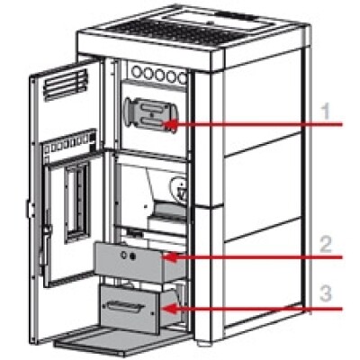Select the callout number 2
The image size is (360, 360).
pyautogui.click(x=325, y=245)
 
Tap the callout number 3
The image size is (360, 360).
pyautogui.click(x=326, y=293)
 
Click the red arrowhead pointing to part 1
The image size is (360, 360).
pyautogui.click(x=169, y=125)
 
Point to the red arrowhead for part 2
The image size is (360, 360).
pyautogui.click(x=169, y=257)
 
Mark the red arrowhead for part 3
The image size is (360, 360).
pyautogui.click(x=169, y=309)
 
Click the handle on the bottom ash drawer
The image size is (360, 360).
pyautogui.click(x=123, y=306)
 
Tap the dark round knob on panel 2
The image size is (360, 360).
pyautogui.click(x=131, y=256)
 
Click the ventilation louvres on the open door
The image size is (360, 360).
pyautogui.click(x=66, y=85)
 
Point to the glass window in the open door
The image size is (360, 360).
pyautogui.click(x=77, y=202)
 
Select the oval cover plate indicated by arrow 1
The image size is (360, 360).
pyautogui.click(x=151, y=114)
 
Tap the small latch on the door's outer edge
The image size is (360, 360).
pyautogui.click(x=29, y=208)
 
